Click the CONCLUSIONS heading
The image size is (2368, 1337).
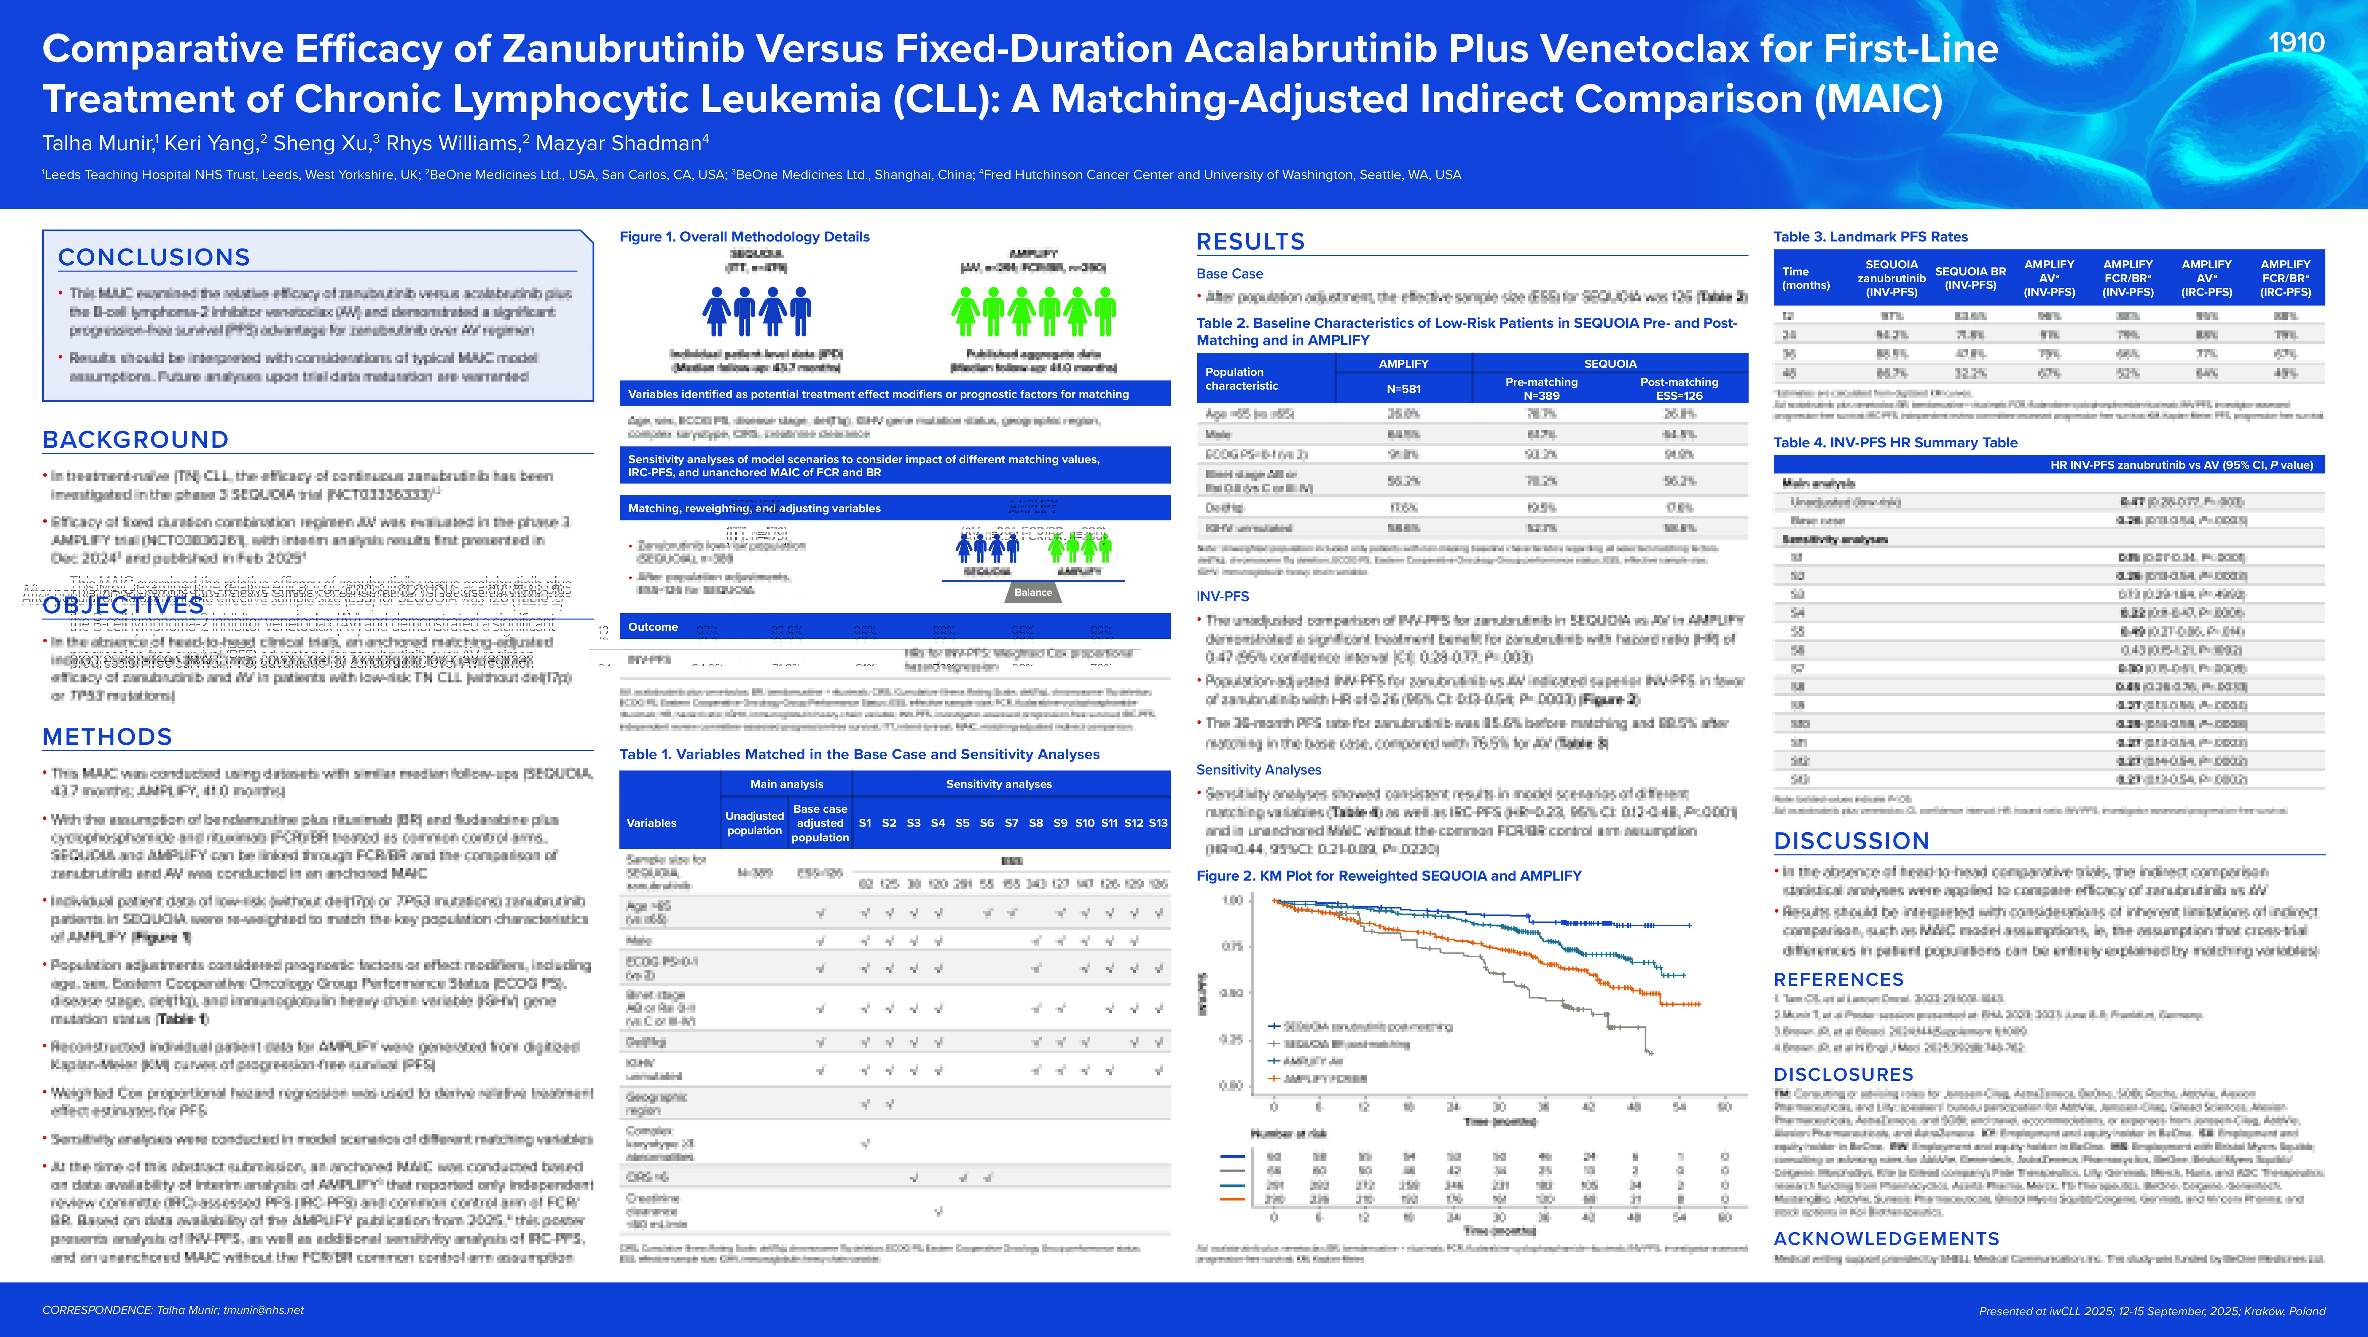tap(153, 258)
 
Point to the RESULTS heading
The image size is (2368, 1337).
tap(1250, 242)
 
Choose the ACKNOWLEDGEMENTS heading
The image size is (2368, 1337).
tap(1886, 1239)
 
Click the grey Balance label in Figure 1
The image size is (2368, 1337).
tap(1033, 592)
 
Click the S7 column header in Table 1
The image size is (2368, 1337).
tap(1011, 823)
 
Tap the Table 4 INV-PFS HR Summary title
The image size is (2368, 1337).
tap(1895, 442)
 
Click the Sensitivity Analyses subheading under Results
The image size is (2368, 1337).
tap(1258, 770)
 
